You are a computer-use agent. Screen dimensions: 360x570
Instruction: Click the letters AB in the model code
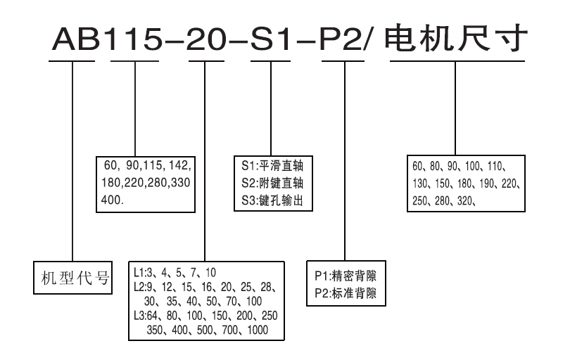point(72,42)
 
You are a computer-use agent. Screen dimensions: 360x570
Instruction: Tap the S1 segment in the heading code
point(271,42)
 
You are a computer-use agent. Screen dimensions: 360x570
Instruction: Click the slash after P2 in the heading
point(371,42)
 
